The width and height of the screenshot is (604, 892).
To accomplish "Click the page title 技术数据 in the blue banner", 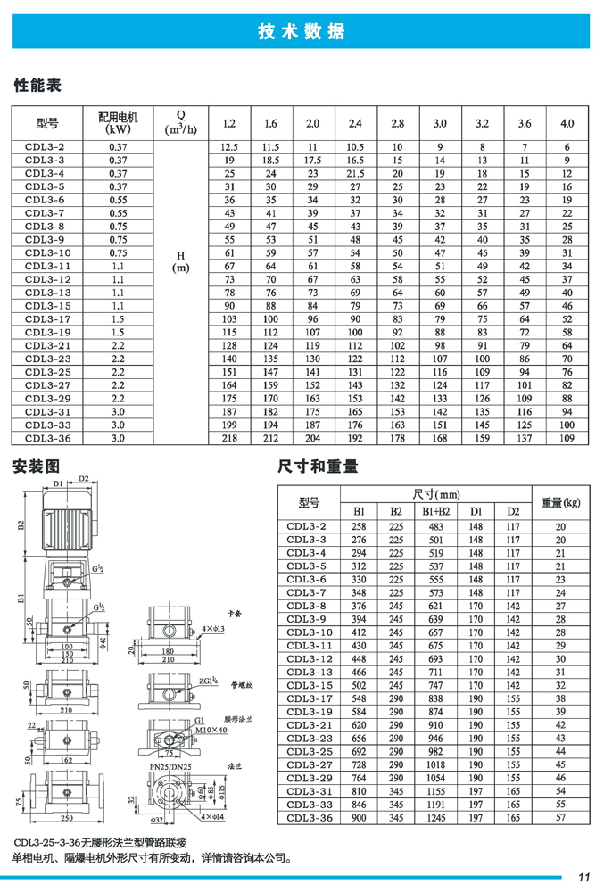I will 301,32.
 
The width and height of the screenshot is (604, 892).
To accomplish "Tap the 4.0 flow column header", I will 567,123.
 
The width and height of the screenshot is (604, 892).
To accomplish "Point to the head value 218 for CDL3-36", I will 229,438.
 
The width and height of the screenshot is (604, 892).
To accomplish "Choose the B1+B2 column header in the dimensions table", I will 435,512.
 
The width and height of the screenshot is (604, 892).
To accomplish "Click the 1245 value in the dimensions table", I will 435,817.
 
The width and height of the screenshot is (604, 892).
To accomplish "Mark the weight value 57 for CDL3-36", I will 560,817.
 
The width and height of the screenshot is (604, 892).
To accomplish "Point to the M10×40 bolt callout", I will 210,730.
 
